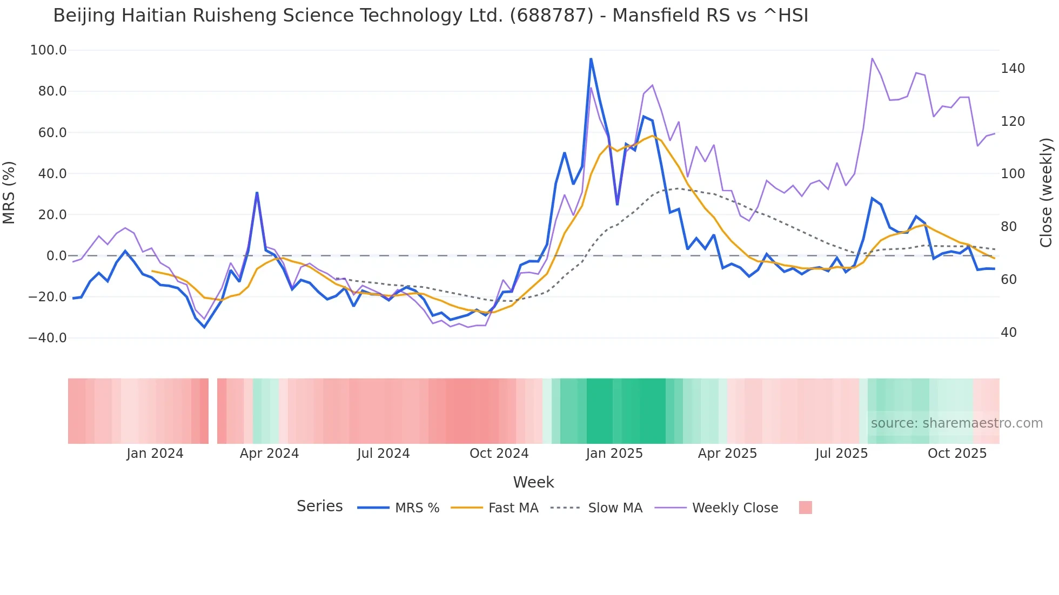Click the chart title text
pos(431,16)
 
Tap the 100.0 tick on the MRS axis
pos(49,50)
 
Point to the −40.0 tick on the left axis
pos(48,338)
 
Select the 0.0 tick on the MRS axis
pos(56,256)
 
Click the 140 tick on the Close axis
pos(1013,69)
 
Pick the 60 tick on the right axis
pos(1009,280)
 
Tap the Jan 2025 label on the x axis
pos(614,454)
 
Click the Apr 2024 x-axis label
pos(269,454)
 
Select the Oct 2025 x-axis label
pos(957,454)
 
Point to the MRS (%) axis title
pos(9,193)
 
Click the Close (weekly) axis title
pos(1046,193)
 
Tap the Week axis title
pos(533,482)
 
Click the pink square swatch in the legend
pos(805,508)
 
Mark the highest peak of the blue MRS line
pos(591,58)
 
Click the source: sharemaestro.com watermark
pos(956,423)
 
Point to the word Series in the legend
pos(319,506)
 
